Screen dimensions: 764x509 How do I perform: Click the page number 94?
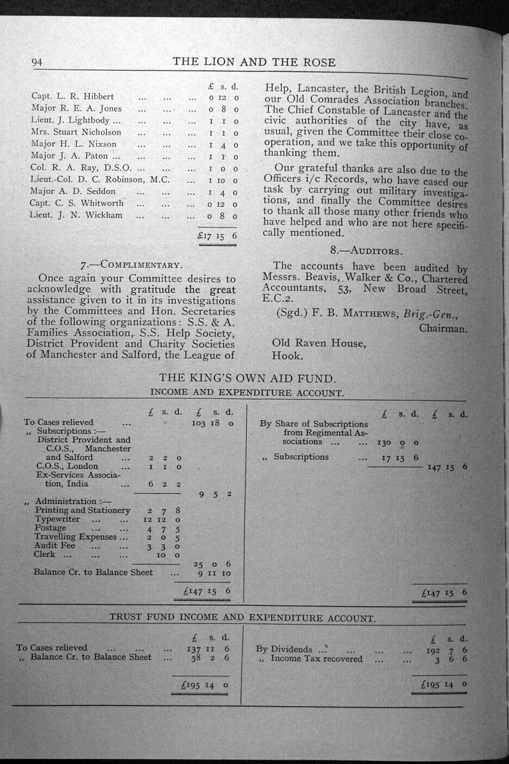click(37, 62)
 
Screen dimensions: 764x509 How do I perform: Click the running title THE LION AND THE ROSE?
click(254, 62)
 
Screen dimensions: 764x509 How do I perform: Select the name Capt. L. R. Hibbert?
click(72, 96)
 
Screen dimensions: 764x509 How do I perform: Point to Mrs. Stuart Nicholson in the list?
click(76, 132)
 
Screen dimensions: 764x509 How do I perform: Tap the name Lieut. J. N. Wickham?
click(76, 215)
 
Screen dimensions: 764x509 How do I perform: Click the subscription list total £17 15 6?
click(217, 235)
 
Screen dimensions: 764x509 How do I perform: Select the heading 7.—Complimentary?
click(131, 264)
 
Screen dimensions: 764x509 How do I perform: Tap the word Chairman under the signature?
click(443, 328)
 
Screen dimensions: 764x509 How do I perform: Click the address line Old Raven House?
click(318, 343)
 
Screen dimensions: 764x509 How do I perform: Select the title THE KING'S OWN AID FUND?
click(247, 378)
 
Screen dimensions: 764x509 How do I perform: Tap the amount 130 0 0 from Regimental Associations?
click(397, 442)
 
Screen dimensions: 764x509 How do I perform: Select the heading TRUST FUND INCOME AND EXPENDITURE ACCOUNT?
click(242, 617)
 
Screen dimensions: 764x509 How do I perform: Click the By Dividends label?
click(284, 649)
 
